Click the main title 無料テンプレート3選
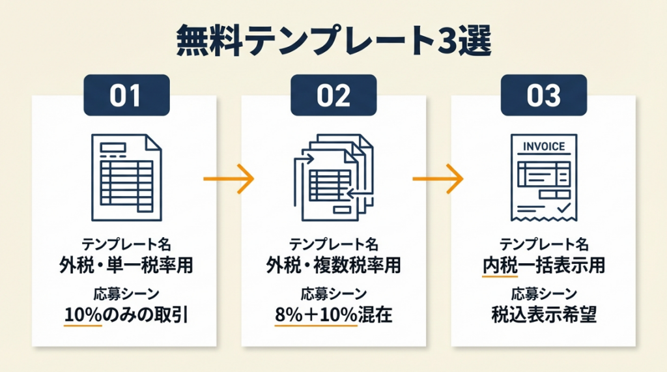pos(333,42)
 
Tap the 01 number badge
pos(126,96)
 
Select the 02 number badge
pos(333,96)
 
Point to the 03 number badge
pos(544,96)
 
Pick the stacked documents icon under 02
pos(333,175)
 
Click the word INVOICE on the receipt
pos(544,147)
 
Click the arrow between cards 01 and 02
pos(227,177)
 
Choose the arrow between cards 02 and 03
pos(438,177)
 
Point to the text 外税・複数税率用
pos(333,265)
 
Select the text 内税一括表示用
pos(544,265)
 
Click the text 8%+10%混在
pos(333,315)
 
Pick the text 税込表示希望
pos(544,315)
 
